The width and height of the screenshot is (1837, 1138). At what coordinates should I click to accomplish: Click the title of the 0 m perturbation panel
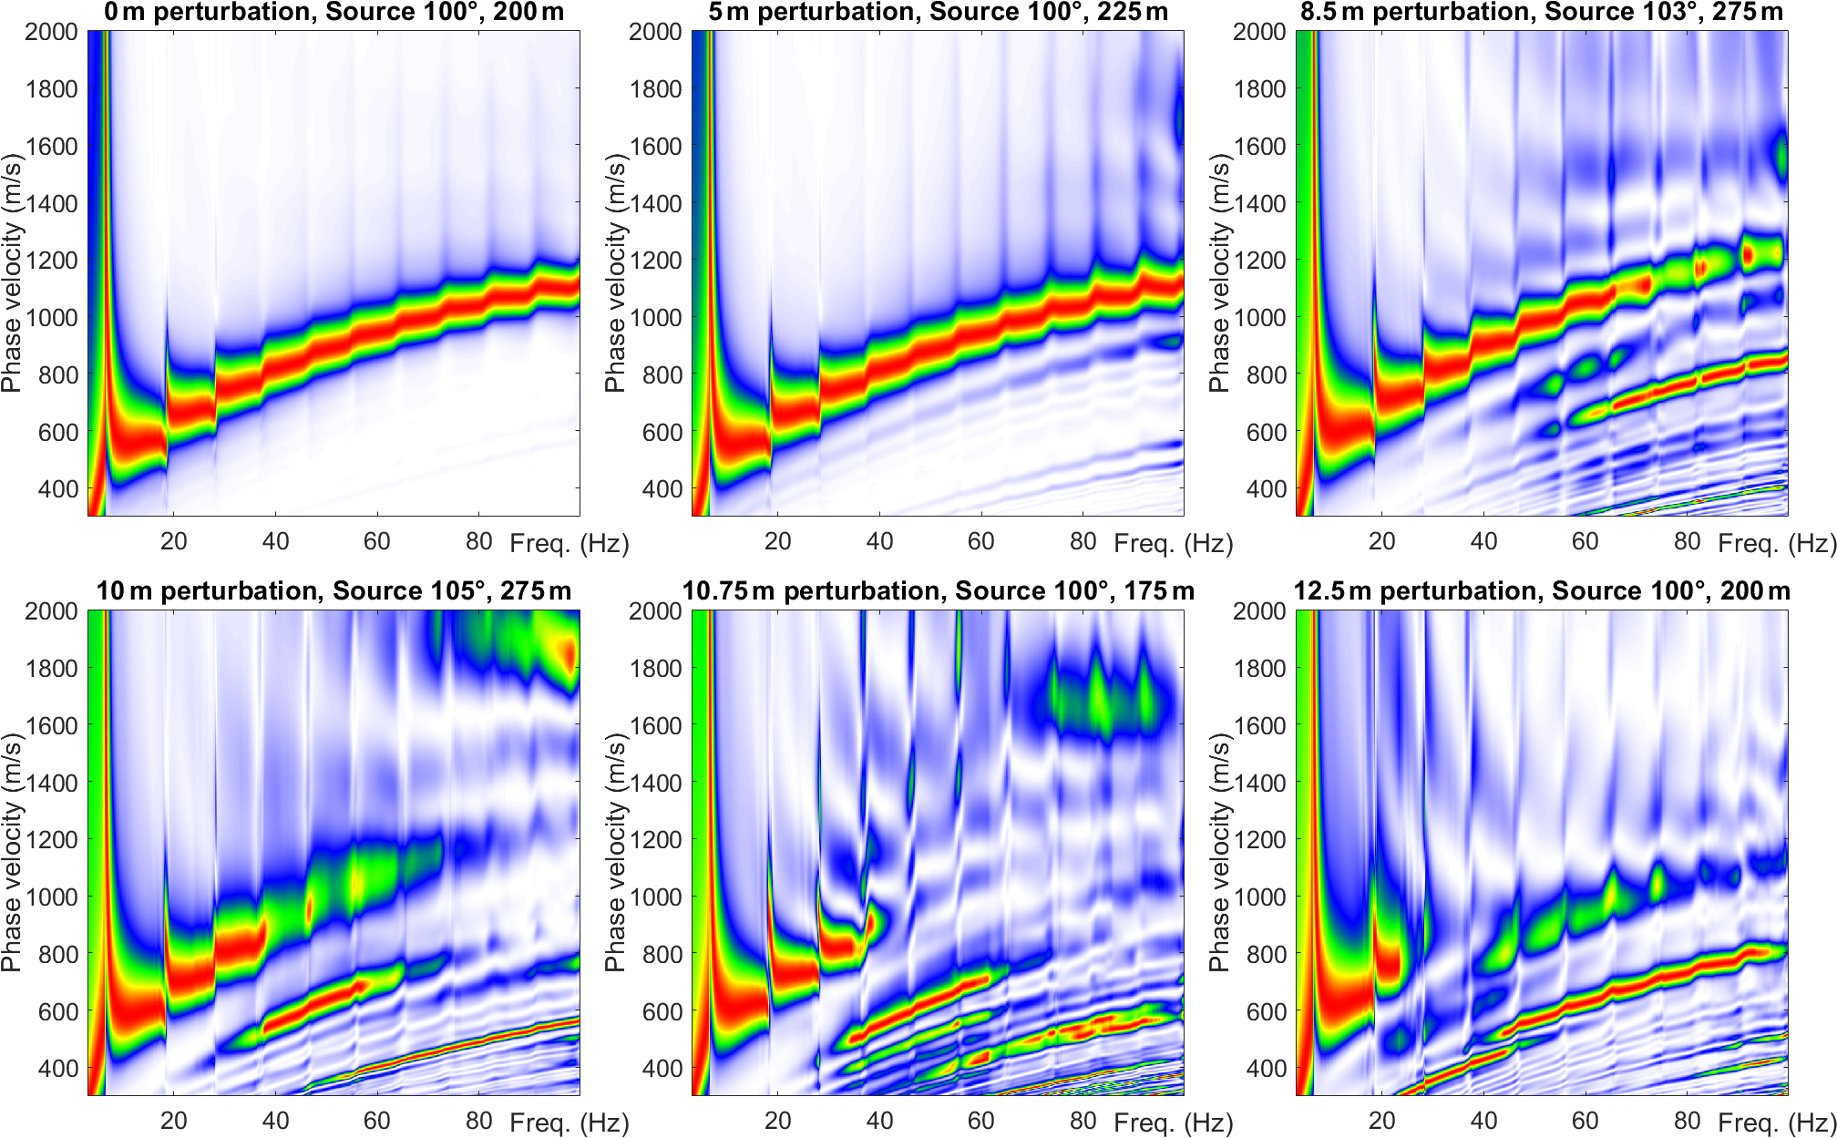click(334, 13)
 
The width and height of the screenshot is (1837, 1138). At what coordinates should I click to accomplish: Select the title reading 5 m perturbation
click(938, 13)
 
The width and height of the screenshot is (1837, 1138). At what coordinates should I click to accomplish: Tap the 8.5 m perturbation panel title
click(1542, 13)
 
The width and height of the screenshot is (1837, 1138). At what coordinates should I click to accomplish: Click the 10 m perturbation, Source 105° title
click(334, 591)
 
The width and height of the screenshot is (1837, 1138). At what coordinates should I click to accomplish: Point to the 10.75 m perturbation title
click(938, 591)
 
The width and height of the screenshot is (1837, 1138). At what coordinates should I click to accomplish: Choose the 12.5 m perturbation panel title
click(1542, 591)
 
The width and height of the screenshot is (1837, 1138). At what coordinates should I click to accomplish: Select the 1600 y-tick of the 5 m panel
click(655, 146)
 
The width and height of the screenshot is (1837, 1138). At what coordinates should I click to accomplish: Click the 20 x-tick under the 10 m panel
click(173, 1121)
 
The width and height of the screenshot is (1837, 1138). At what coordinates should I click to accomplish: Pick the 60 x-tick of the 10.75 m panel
click(980, 1121)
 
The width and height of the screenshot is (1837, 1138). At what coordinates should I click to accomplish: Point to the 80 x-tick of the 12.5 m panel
click(1687, 1121)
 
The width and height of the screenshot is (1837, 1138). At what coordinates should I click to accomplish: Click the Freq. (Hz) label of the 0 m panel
click(570, 544)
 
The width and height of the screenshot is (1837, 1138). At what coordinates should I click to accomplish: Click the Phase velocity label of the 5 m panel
click(616, 273)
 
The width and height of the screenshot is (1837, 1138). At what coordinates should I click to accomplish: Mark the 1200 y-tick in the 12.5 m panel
click(1259, 840)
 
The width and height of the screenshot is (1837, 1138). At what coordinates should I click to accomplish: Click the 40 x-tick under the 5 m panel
click(879, 542)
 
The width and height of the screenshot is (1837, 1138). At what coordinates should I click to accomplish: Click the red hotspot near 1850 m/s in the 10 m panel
click(567, 654)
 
